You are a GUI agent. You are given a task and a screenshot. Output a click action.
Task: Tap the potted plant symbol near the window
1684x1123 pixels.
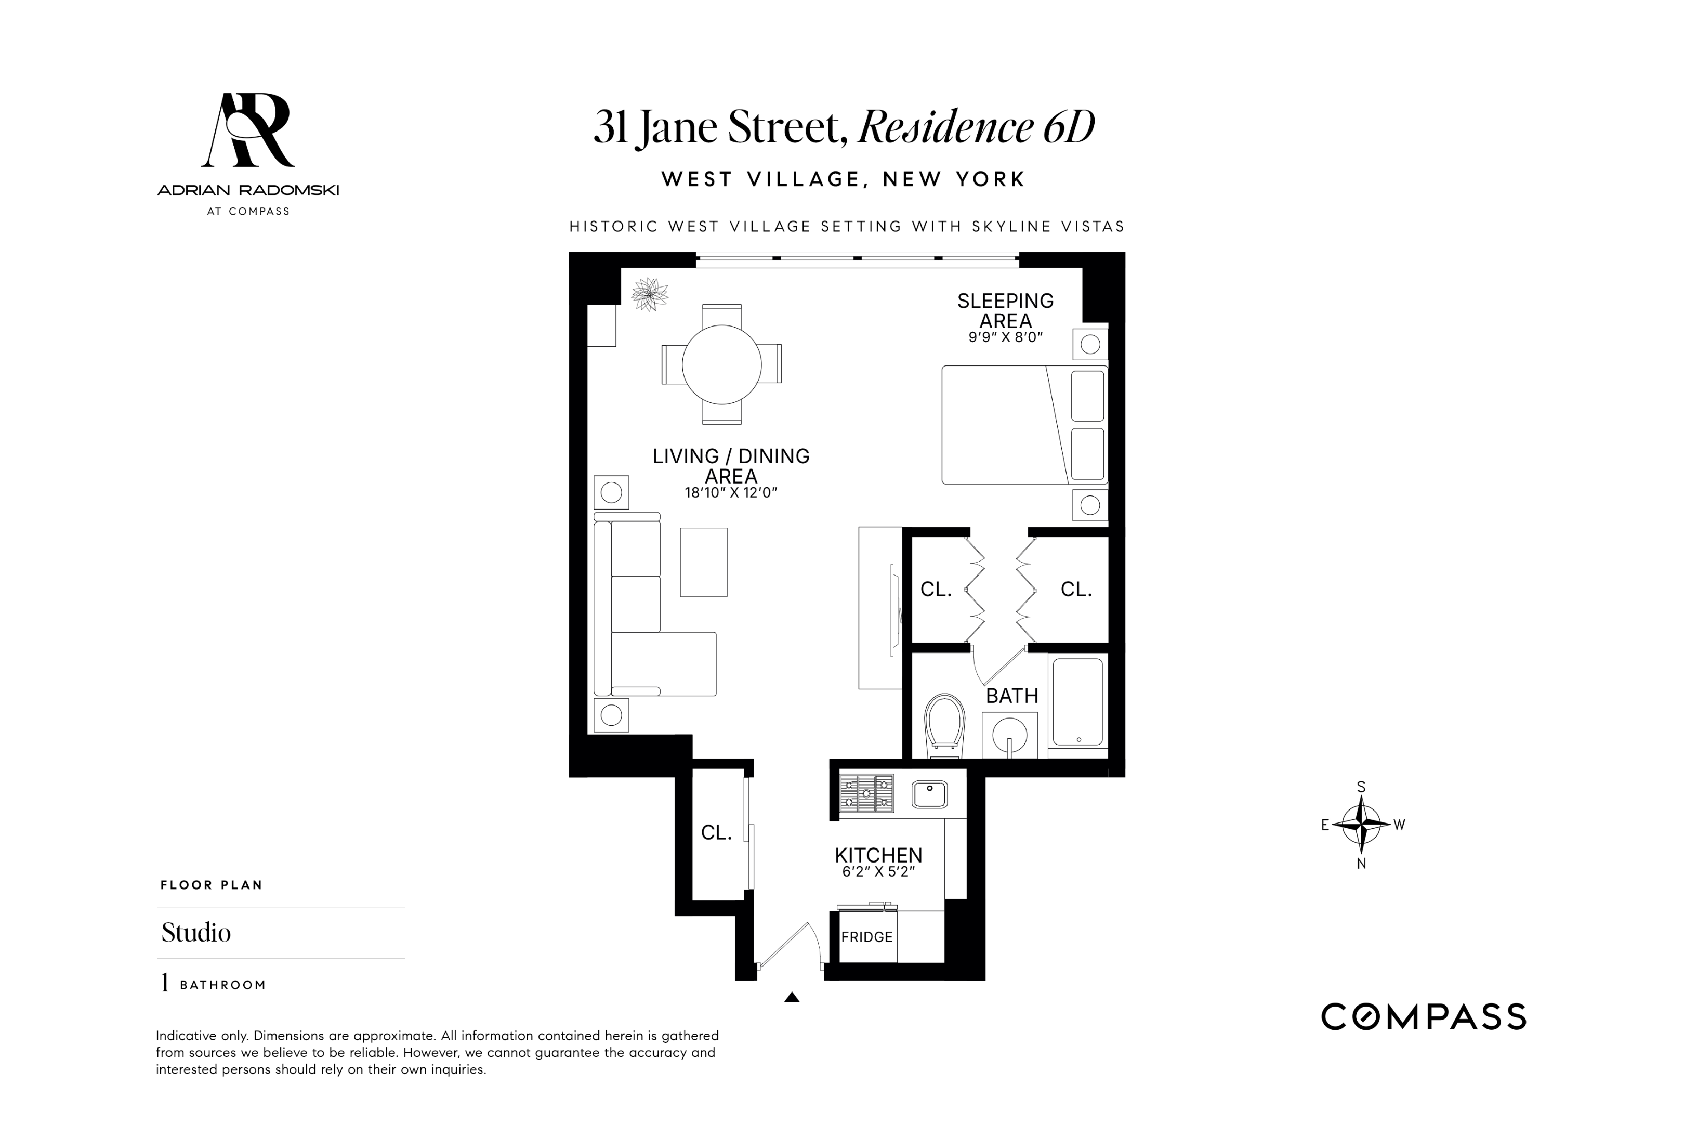click(x=649, y=294)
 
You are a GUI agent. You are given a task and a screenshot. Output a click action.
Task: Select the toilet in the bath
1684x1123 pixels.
click(x=944, y=724)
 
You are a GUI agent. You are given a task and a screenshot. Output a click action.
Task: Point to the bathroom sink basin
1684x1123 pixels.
click(x=1009, y=734)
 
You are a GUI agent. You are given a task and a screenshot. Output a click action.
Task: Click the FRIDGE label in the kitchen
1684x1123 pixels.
click(x=866, y=937)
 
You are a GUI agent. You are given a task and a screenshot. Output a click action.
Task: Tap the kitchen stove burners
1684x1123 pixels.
click(x=866, y=793)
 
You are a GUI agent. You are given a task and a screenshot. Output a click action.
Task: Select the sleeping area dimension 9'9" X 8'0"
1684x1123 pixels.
click(x=1005, y=337)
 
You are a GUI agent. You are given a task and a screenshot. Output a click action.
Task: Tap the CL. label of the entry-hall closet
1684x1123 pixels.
click(x=716, y=833)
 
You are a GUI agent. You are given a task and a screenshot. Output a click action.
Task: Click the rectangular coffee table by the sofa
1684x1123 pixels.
click(x=703, y=562)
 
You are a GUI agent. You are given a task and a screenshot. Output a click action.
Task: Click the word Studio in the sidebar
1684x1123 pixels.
click(x=196, y=933)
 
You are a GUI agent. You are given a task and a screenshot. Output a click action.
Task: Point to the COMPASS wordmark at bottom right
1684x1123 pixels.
click(x=1424, y=1017)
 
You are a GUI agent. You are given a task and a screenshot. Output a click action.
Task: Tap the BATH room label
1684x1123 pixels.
click(x=1011, y=696)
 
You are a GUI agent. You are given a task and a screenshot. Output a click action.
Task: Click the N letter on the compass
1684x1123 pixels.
click(x=1361, y=864)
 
